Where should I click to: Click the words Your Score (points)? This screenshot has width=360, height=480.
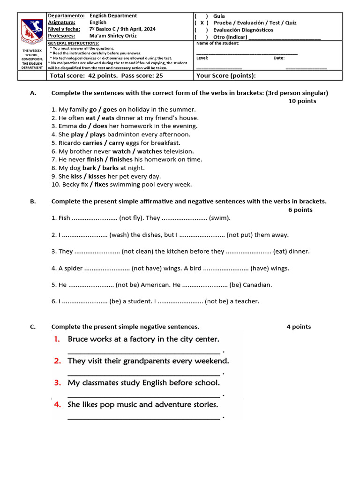(x=226, y=75)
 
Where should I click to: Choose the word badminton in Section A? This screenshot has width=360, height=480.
(x=124, y=135)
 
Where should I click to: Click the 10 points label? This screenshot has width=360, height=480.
(x=302, y=101)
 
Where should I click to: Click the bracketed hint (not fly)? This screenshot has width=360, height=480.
(x=131, y=218)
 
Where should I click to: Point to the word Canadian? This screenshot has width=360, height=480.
(x=257, y=285)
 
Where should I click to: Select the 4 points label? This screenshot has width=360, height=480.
(x=299, y=327)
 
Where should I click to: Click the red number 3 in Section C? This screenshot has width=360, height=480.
(x=58, y=382)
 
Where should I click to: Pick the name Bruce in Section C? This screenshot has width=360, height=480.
(x=78, y=339)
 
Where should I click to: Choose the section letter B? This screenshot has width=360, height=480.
(x=33, y=202)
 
